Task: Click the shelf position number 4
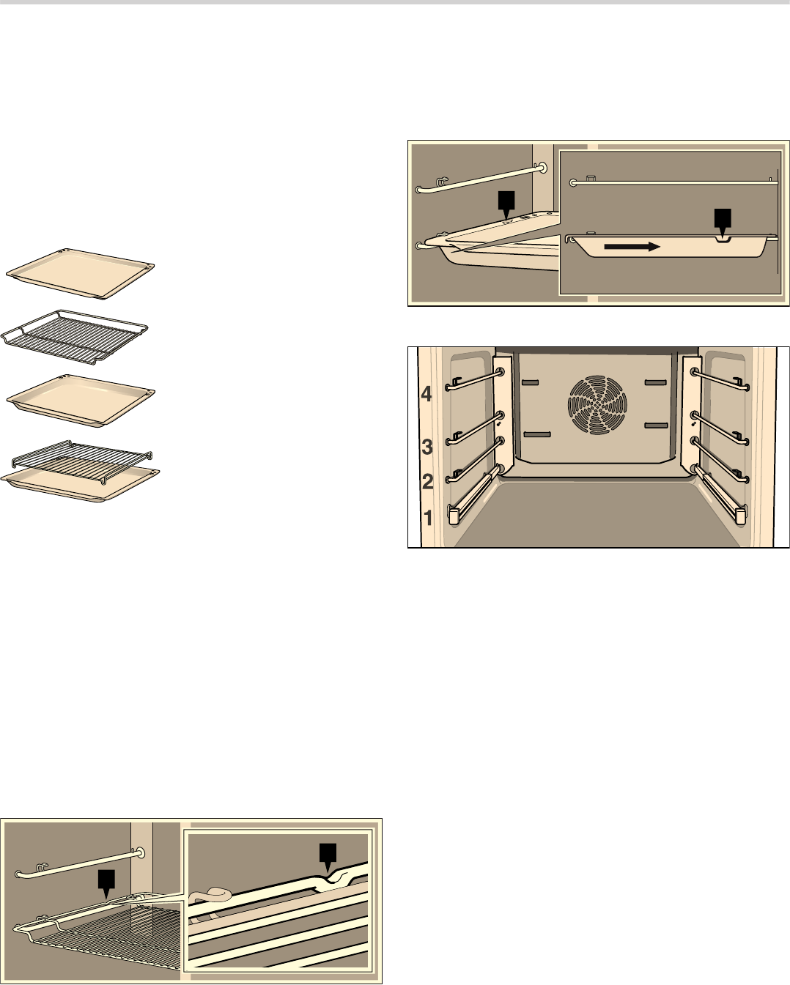click(426, 394)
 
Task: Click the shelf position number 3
click(427, 447)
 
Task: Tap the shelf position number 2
click(427, 482)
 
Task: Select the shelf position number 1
click(428, 518)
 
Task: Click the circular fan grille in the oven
click(597, 404)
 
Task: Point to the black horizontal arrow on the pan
click(632, 247)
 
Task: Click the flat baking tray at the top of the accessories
click(80, 274)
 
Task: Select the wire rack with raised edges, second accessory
click(74, 337)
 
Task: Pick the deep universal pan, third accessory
click(81, 401)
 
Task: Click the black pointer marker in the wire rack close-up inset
click(328, 856)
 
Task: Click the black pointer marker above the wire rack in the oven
click(106, 884)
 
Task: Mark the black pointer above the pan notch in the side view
click(723, 223)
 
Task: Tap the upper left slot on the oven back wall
click(530, 382)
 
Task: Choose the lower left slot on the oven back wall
click(536, 434)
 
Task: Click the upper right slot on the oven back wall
click(657, 382)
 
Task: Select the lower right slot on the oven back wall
click(657, 425)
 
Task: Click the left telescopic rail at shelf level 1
click(474, 494)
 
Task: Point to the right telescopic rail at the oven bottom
click(720, 494)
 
